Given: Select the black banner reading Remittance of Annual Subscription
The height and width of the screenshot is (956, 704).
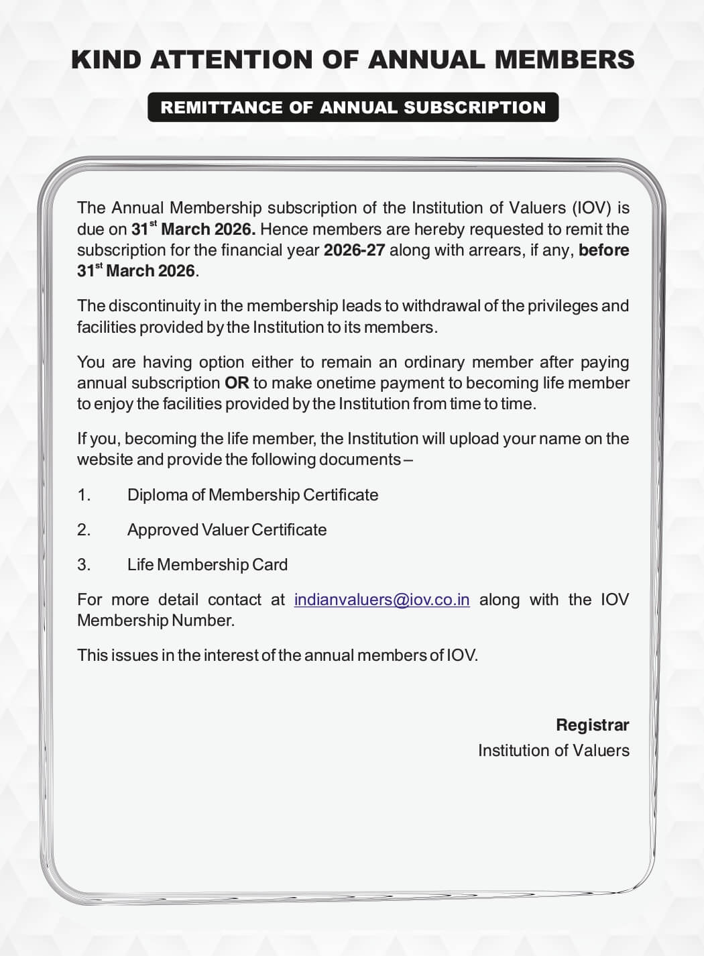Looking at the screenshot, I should (353, 107).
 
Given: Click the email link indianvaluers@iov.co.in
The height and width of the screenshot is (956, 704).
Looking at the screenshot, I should (382, 599).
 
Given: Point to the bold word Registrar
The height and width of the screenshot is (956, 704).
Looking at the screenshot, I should (592, 725).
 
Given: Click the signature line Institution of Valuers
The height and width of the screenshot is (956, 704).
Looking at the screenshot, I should (553, 750).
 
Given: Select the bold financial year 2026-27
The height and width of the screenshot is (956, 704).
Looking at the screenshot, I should (354, 250).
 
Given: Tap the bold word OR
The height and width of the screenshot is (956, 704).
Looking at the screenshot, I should (237, 383).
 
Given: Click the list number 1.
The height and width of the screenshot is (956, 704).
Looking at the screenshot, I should (83, 495).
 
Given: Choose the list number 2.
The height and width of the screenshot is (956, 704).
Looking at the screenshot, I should (83, 530).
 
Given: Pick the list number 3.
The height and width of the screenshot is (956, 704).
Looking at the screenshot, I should (83, 565).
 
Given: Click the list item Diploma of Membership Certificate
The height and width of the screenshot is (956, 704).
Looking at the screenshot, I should (253, 495).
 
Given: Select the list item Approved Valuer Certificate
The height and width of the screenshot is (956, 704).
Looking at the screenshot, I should (227, 530).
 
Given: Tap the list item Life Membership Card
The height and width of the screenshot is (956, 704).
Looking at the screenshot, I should (207, 565).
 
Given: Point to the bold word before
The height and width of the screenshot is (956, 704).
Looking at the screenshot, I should (603, 250).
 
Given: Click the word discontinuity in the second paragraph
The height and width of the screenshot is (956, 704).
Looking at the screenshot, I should (154, 306).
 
